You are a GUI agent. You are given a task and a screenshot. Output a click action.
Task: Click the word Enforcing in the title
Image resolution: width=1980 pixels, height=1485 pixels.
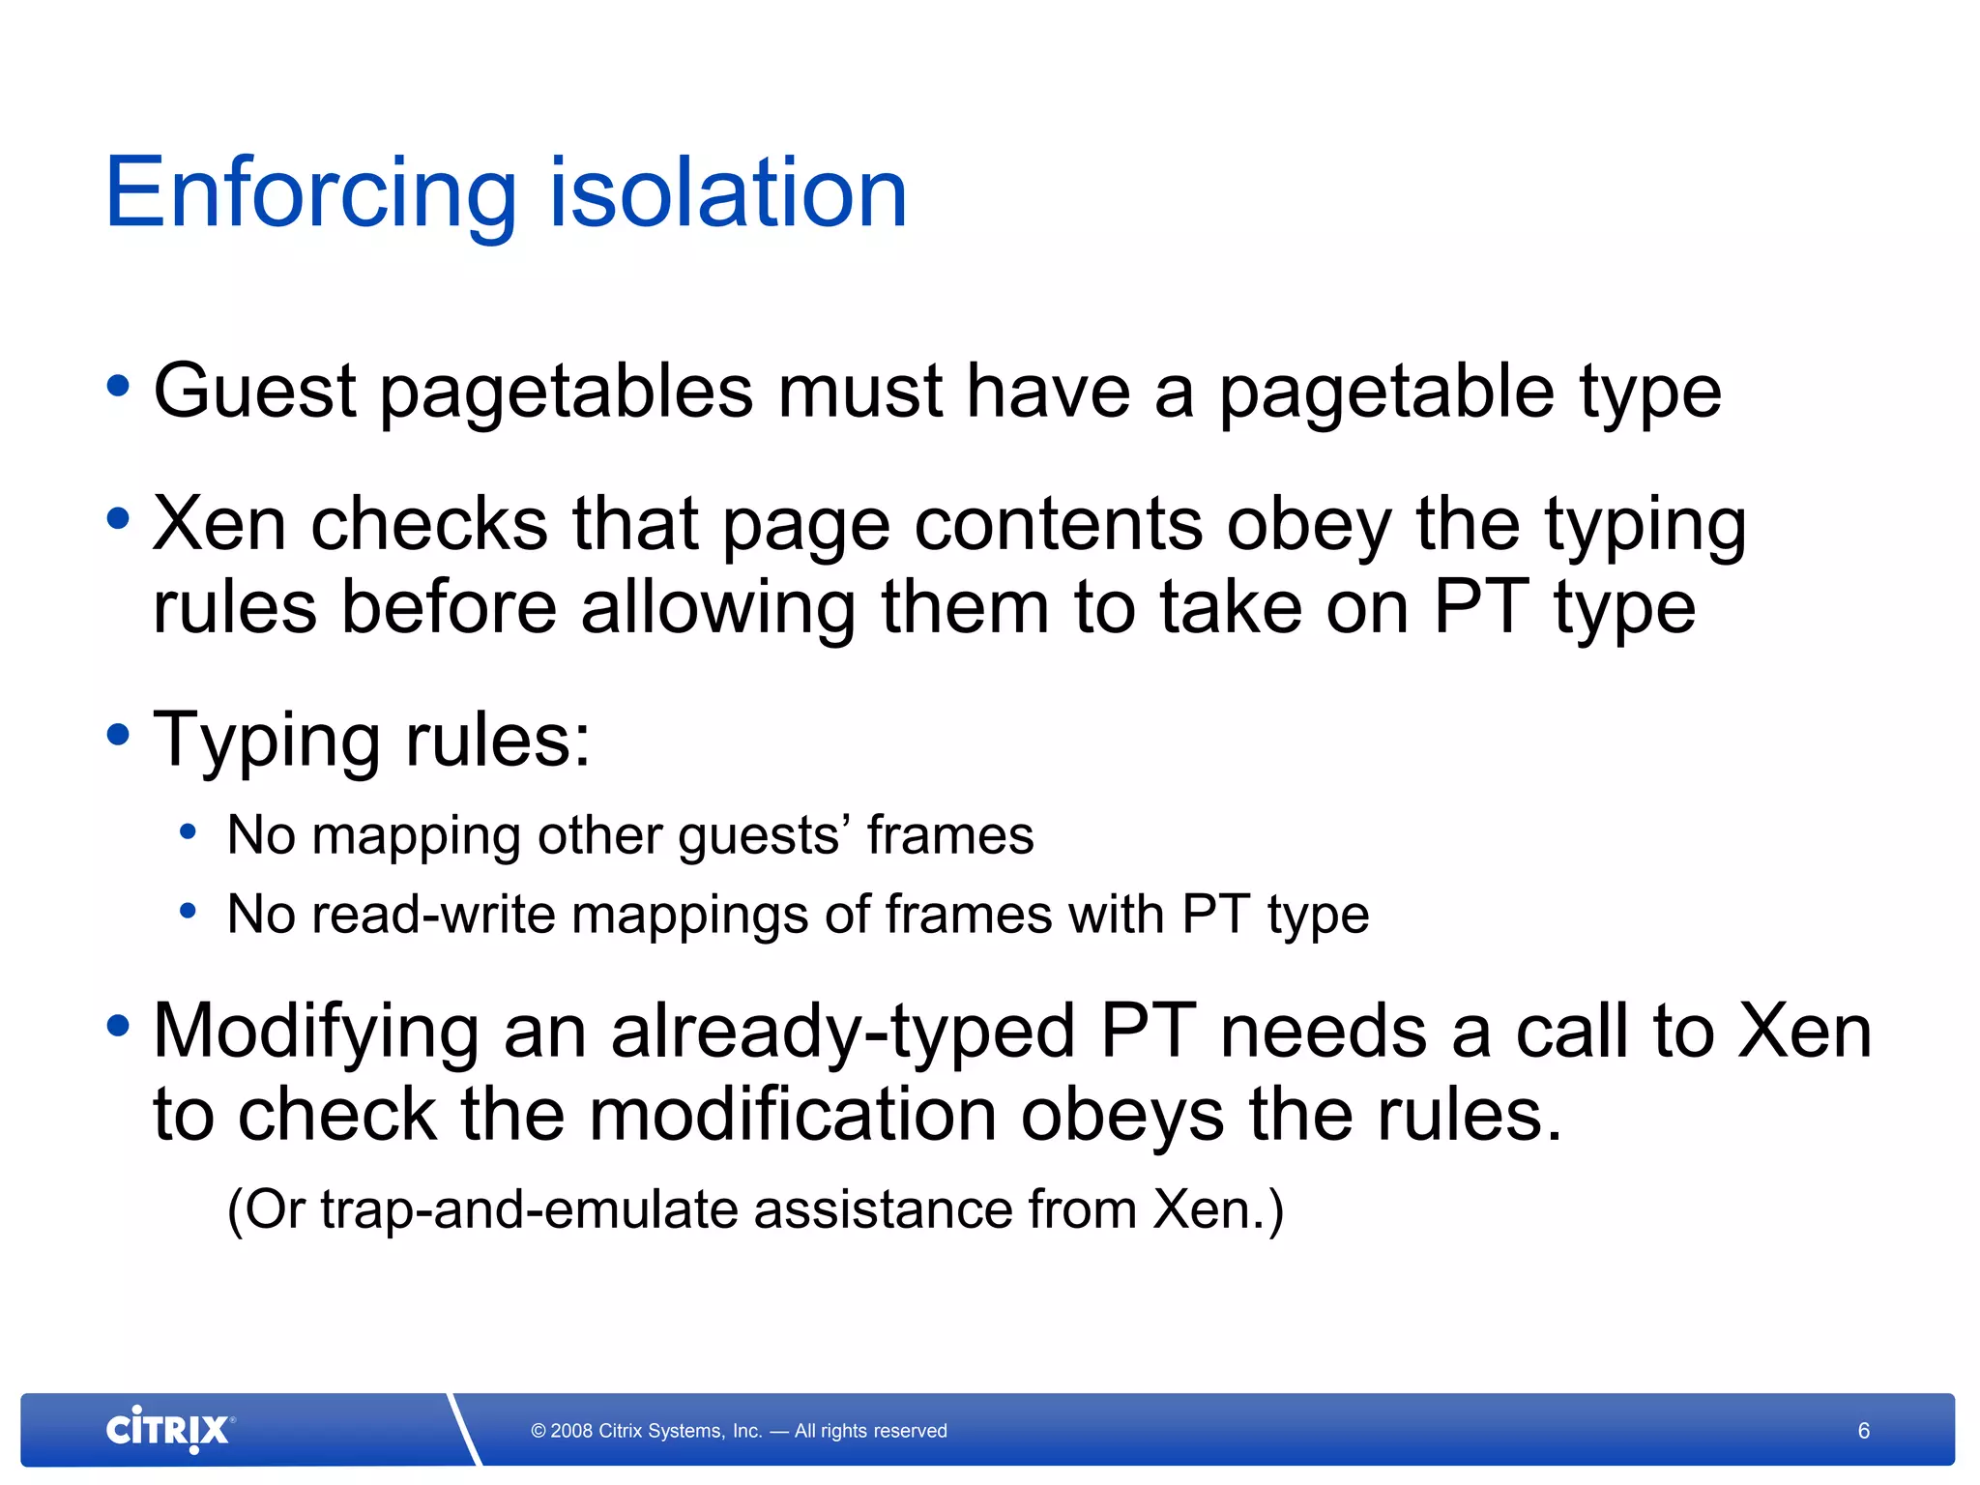click(x=310, y=195)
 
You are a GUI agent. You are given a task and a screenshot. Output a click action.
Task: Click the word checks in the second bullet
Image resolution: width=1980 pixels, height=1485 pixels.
click(x=429, y=524)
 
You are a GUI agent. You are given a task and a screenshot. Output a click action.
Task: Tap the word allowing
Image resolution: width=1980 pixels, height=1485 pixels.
click(x=718, y=610)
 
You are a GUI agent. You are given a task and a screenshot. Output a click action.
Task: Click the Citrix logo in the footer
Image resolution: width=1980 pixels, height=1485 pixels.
click(x=169, y=1430)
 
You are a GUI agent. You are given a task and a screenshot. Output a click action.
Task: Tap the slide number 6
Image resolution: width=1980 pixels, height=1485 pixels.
click(x=1863, y=1431)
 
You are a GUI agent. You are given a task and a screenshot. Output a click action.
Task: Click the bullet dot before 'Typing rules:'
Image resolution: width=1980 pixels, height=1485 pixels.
click(x=118, y=735)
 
